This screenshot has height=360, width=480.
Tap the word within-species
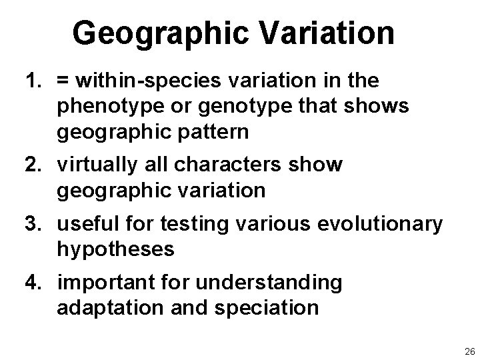click(x=143, y=81)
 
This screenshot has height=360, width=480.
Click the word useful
click(x=89, y=224)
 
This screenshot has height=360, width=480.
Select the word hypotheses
click(x=115, y=249)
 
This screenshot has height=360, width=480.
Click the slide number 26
click(x=468, y=351)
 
